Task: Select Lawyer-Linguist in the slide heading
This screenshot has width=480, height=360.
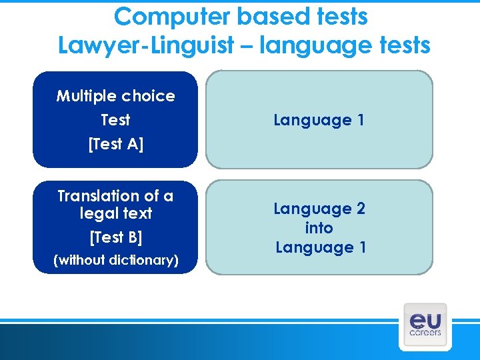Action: tap(146, 45)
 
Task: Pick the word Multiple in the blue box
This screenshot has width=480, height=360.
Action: tap(85, 96)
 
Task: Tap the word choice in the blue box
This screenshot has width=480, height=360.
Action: tap(147, 96)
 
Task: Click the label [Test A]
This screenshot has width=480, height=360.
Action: tap(115, 144)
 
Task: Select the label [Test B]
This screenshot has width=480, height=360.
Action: tap(115, 237)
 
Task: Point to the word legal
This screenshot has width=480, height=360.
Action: tap(97, 213)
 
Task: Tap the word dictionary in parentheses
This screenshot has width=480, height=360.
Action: tap(143, 261)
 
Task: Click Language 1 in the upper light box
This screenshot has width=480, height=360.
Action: tap(319, 121)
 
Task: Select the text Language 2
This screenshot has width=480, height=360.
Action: tap(319, 209)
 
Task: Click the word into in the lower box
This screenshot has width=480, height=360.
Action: tap(319, 228)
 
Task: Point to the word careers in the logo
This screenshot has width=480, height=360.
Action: tap(425, 332)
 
